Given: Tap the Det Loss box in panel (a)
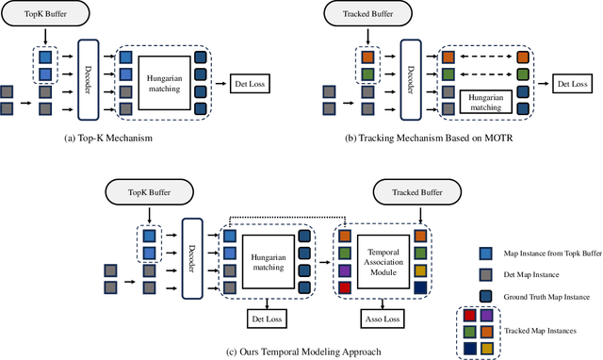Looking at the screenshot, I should pyautogui.click(x=252, y=86).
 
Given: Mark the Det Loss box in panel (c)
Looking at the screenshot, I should pyautogui.click(x=268, y=317).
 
